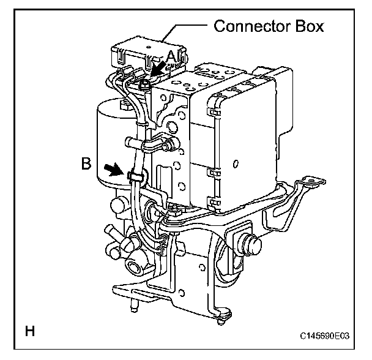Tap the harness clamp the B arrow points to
pos(136,177)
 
